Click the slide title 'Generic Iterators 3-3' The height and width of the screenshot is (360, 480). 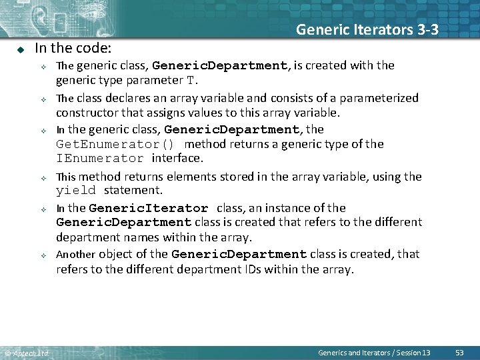point(367,29)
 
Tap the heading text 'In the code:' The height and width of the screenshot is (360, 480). point(73,48)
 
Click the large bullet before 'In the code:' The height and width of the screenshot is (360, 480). point(21,49)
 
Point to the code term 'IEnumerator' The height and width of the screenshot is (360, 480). point(99,159)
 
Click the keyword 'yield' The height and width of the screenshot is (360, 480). point(76,191)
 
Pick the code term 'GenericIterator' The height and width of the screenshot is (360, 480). point(148,208)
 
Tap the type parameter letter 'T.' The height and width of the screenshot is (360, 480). point(191,81)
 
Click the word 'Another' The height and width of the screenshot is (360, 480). point(75,254)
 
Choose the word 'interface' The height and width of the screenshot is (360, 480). point(177,159)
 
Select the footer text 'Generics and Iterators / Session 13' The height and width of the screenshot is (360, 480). point(374,352)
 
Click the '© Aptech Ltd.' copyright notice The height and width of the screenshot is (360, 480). point(27,353)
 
